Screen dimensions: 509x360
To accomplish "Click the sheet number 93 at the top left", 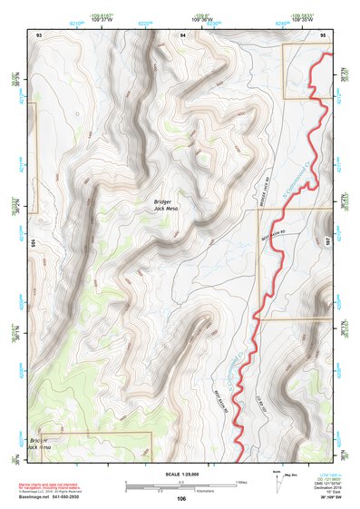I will coord(39,34).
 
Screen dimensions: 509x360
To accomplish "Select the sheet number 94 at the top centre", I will coord(182,34).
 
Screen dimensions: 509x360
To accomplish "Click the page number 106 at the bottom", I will coord(181,498).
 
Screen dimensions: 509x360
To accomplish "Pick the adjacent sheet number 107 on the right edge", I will coord(329,242).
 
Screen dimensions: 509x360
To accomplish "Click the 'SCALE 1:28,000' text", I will coord(181,474).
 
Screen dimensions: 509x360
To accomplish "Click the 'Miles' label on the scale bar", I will coord(241,481).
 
